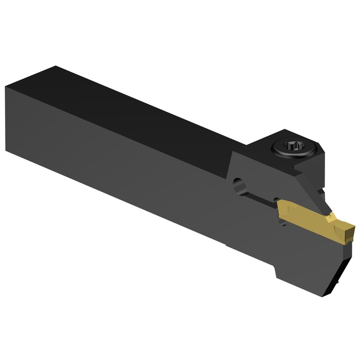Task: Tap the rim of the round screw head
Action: (282, 153)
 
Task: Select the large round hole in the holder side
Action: (239, 185)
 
